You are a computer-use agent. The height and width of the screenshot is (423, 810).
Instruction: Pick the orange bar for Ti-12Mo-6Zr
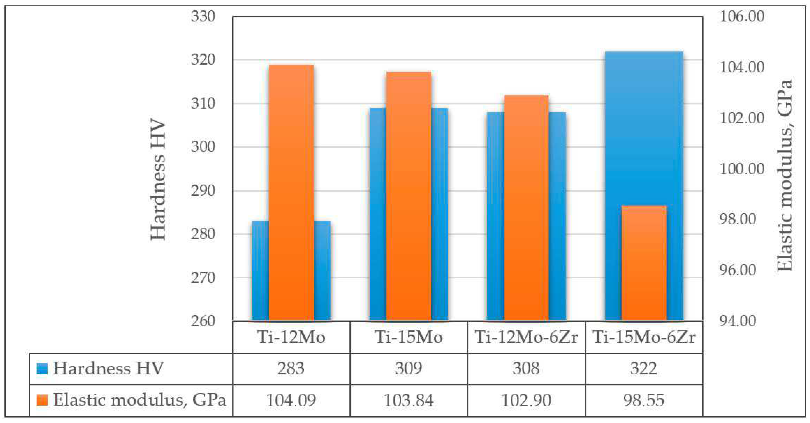[x=526, y=207]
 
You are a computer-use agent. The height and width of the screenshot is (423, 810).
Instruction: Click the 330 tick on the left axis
[x=203, y=16]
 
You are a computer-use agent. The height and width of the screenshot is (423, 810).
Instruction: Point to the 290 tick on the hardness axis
[x=203, y=191]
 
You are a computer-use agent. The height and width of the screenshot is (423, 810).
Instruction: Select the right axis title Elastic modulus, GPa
[x=784, y=176]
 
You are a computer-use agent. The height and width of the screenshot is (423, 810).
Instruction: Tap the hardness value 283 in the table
[x=291, y=368]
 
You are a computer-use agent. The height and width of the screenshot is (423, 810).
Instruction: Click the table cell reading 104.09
[x=291, y=400]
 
